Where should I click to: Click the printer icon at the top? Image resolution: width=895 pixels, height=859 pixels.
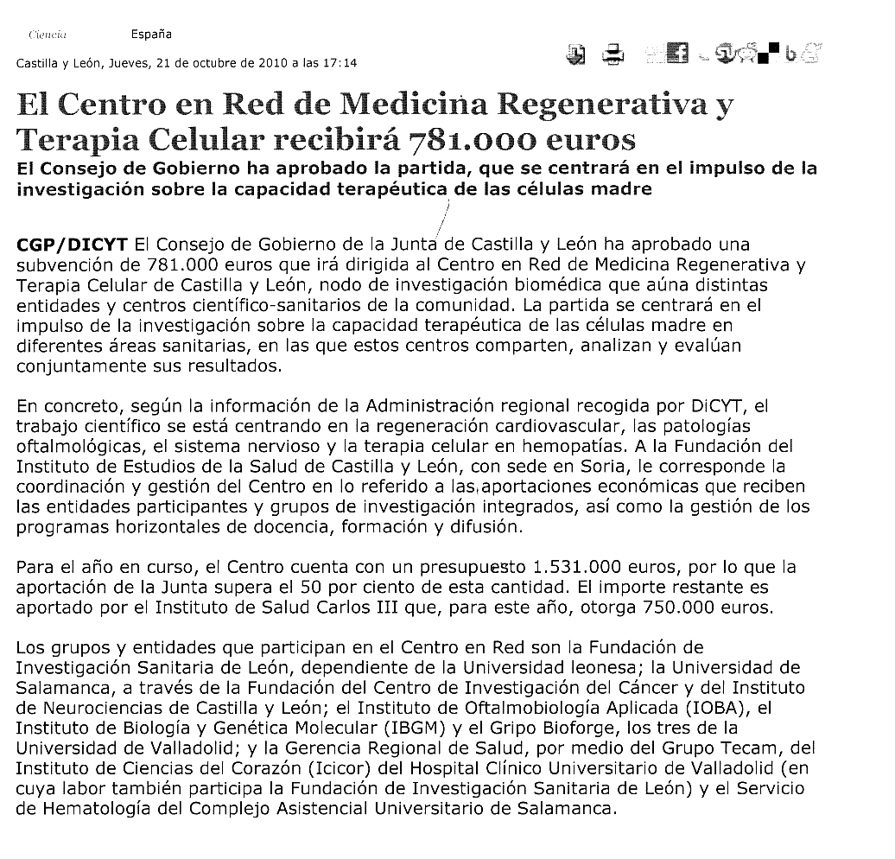click(613, 55)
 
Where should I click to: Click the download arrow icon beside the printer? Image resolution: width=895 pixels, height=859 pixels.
click(576, 54)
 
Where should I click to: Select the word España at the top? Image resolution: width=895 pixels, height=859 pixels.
click(151, 35)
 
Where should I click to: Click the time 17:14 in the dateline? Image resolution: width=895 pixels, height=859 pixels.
click(340, 63)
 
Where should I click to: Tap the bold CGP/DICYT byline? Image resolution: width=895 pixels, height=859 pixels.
click(73, 245)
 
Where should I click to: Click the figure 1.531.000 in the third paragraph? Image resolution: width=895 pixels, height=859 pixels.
click(578, 568)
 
